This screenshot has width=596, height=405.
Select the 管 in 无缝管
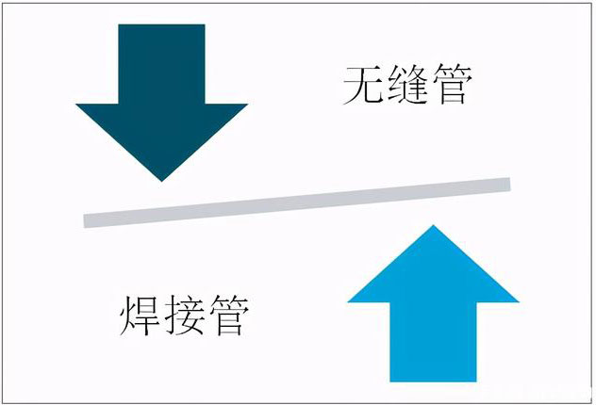pos(453,84)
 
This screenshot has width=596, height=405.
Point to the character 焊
pos(140,316)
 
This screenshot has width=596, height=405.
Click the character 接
pos(185,316)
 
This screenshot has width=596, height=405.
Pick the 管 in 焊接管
pos(229,316)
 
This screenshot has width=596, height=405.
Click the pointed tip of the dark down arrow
pos(162,181)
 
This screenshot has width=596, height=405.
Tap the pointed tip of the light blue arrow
pos(433,225)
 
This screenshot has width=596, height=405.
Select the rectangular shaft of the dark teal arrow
pos(161,64)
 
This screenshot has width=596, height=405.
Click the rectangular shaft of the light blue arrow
pos(433,342)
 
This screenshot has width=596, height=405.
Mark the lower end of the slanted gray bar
pos(84,221)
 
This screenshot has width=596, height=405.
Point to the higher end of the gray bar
pos(510,185)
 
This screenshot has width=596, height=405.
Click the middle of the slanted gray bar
pos(297,202)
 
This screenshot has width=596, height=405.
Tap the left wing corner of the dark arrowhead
pos(76,104)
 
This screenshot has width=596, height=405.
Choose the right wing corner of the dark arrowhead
pos(247,104)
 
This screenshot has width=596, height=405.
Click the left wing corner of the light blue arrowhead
pos(348,302)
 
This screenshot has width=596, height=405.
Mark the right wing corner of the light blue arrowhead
pos(519,302)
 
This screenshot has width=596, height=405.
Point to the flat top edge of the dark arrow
pos(161,24)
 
